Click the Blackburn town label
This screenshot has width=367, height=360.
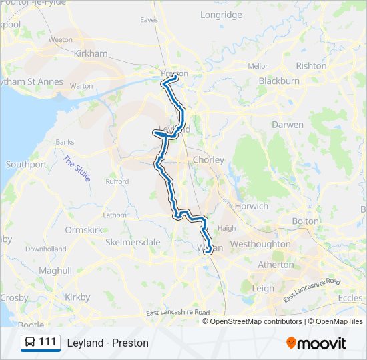click(x=278, y=81)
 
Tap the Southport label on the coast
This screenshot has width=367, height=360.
click(x=26, y=164)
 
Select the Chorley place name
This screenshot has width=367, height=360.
click(x=208, y=160)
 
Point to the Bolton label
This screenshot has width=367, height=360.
click(x=306, y=221)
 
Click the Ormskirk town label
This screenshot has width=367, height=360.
click(x=83, y=230)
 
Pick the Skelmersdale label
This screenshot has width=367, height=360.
click(x=133, y=242)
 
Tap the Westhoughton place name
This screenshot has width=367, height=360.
click(x=260, y=244)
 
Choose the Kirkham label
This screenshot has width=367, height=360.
click(x=91, y=53)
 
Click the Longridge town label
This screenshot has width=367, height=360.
click(x=221, y=15)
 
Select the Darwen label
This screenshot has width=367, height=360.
click(x=288, y=125)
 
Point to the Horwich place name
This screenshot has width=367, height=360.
click(x=251, y=206)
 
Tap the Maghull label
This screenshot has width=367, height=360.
click(x=55, y=271)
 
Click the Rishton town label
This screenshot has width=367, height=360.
click(x=311, y=66)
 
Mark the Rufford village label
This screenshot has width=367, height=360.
click(x=117, y=181)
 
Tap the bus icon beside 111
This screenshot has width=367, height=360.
click(x=30, y=343)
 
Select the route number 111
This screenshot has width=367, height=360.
click(x=47, y=343)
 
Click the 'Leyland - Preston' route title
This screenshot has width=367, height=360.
click(x=107, y=343)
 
